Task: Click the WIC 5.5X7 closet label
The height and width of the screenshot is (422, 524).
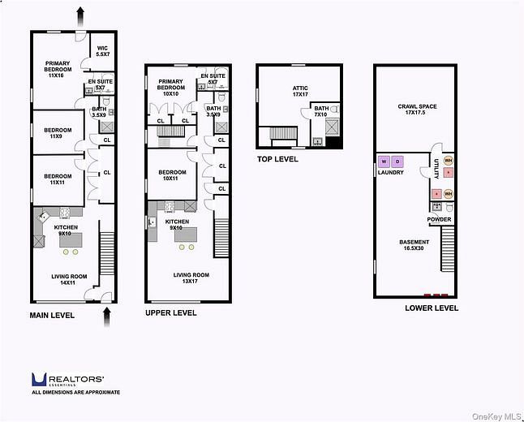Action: point(102,51)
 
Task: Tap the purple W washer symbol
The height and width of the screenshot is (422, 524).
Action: point(384,161)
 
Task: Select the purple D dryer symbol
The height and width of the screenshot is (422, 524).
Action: point(397,161)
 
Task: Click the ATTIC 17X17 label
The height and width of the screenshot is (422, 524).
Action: point(300,91)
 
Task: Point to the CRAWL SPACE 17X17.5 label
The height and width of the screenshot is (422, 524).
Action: point(417,110)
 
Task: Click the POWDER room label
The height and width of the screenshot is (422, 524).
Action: point(439,219)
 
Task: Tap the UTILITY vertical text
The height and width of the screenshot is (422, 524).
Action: point(436,169)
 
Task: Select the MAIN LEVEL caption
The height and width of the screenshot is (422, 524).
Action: point(52,316)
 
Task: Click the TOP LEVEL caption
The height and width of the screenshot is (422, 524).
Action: point(277,159)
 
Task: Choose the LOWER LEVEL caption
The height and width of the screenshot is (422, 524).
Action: point(432,308)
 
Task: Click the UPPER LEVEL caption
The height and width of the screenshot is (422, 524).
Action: point(171,313)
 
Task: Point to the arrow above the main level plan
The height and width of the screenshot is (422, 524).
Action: point(80,17)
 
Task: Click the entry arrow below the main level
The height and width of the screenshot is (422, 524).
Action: point(107,317)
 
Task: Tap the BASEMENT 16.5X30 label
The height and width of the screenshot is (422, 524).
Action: point(414,245)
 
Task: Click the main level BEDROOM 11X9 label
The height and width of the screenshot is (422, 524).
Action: point(58,133)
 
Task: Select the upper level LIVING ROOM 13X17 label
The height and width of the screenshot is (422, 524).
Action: point(191,278)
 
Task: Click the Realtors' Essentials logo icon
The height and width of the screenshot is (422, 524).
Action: point(39,379)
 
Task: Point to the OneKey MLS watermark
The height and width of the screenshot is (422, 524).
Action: point(496,416)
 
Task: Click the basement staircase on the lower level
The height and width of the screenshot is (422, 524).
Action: point(448,249)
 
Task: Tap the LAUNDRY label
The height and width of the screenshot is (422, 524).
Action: point(391,173)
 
